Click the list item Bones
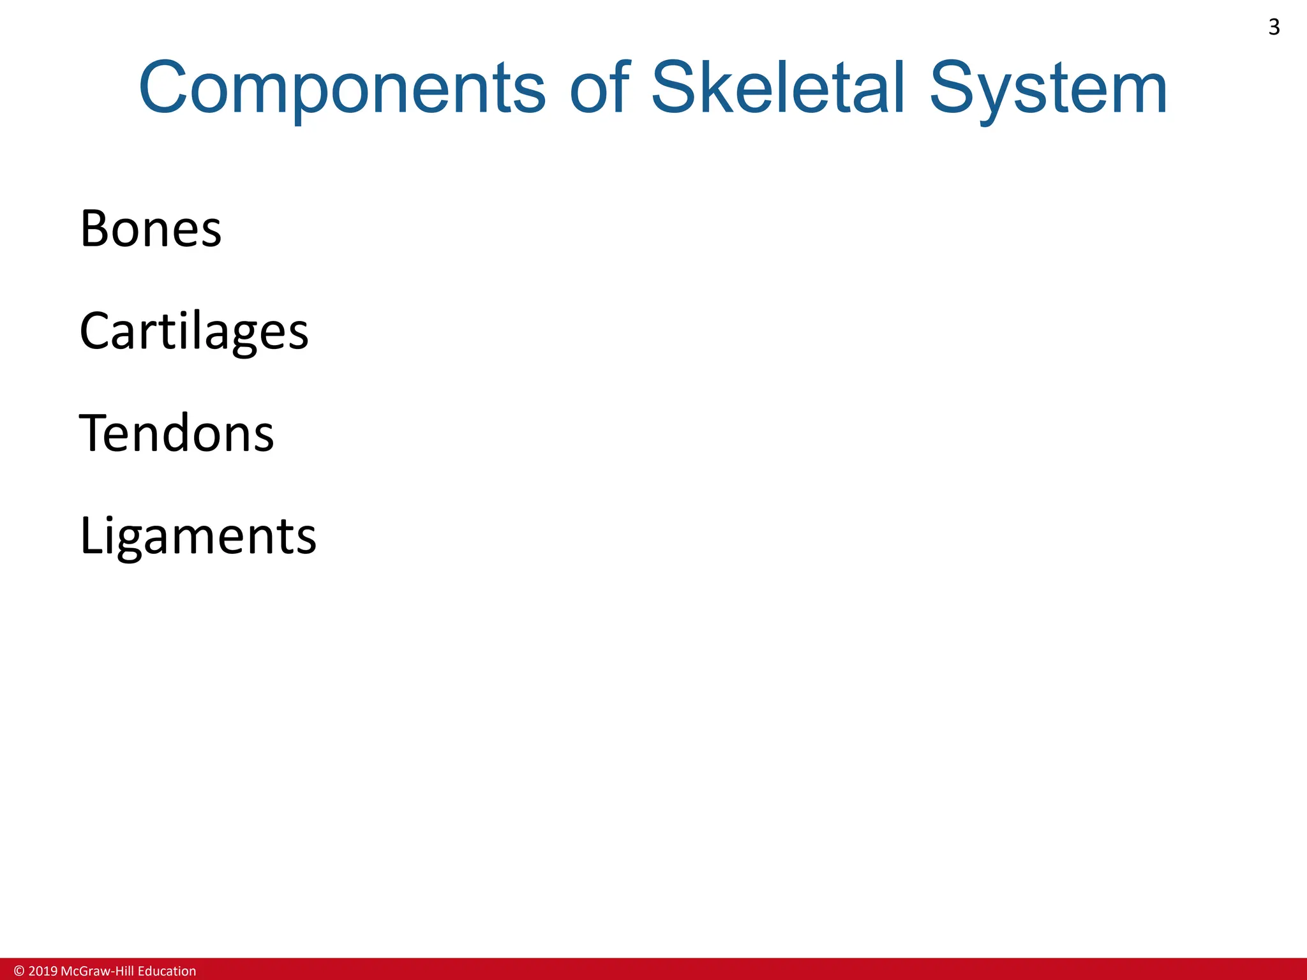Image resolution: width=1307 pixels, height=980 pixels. tap(151, 228)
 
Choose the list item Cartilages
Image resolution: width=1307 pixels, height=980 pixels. tap(194, 331)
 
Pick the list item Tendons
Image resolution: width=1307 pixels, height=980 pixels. tap(176, 433)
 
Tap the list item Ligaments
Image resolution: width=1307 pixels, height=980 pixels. tap(198, 536)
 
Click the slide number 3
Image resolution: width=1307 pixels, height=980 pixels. tap(1274, 27)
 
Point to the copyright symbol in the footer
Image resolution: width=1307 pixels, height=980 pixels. tap(19, 971)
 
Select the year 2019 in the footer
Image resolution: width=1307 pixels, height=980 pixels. tap(43, 971)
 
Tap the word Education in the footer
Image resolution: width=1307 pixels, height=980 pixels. tap(167, 971)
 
